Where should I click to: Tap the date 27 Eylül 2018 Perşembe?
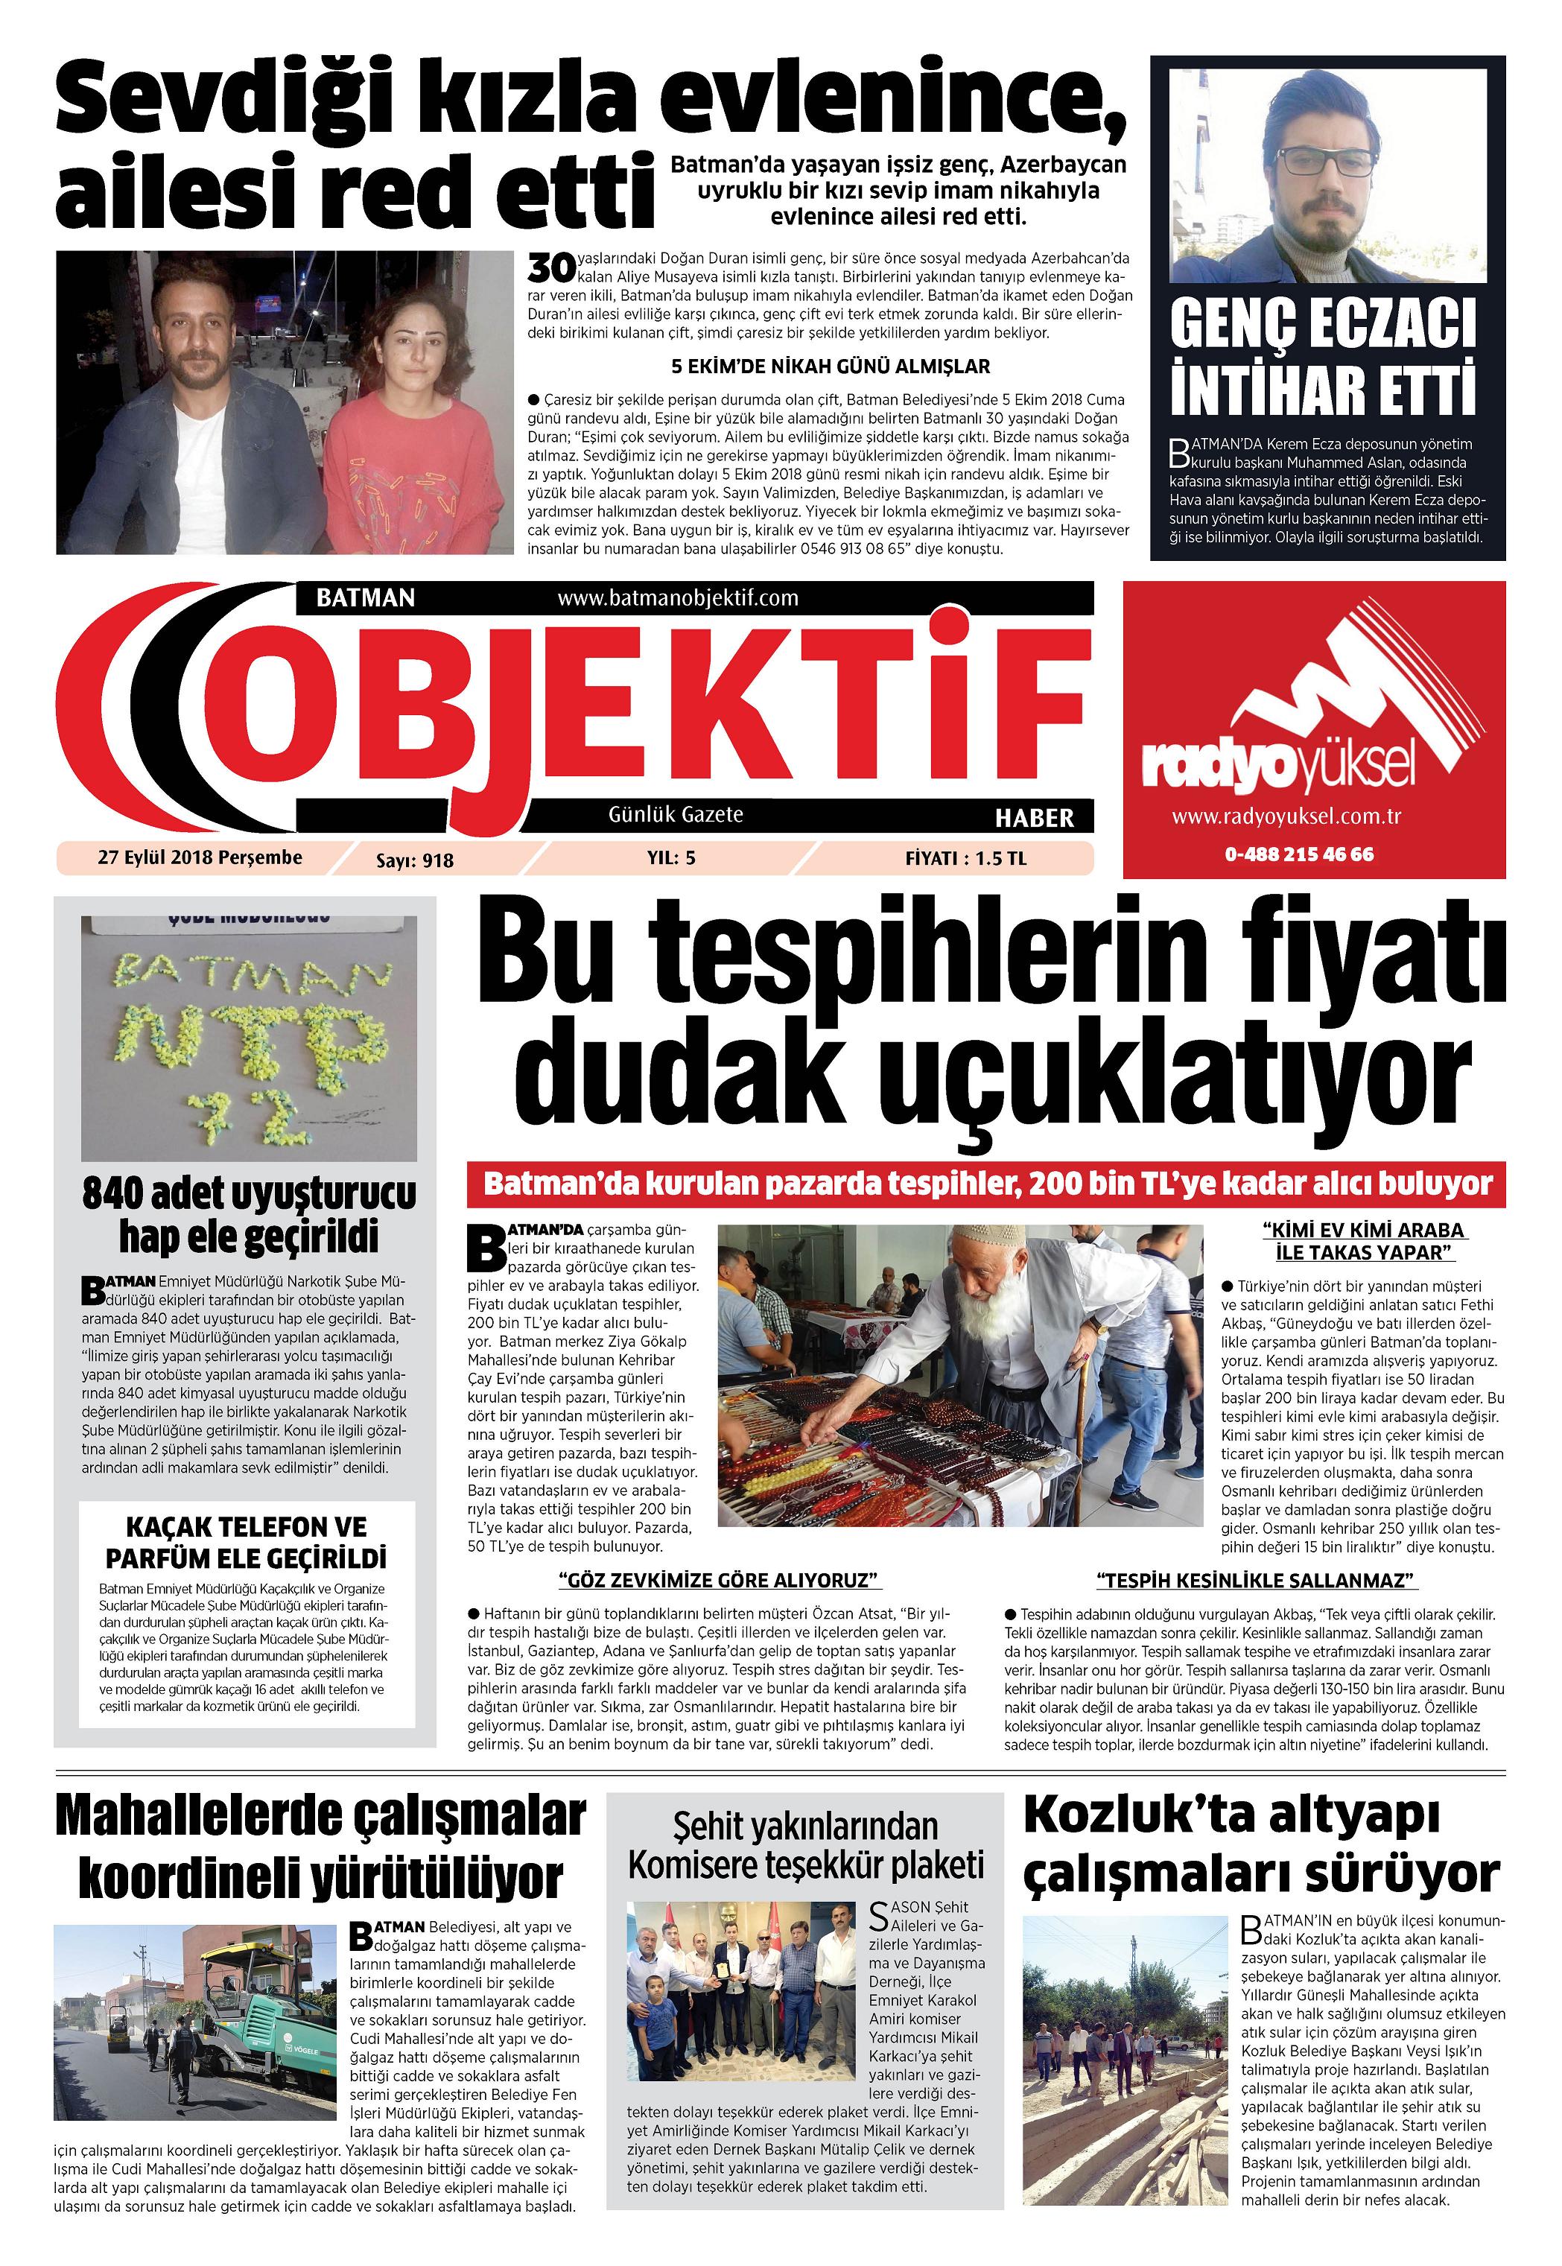click(200, 857)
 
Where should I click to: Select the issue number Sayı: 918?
click(414, 860)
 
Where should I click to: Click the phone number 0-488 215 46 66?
click(1299, 854)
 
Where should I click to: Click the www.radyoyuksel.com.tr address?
click(1286, 816)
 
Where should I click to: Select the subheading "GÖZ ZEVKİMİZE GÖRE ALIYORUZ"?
click(720, 1580)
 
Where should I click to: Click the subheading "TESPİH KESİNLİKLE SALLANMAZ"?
click(1257, 1580)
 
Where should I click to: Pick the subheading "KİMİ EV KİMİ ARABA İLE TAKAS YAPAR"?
click(1363, 1241)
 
